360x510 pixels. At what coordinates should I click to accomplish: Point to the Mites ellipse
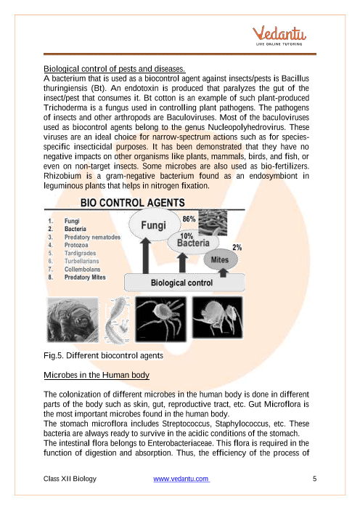coord(220,259)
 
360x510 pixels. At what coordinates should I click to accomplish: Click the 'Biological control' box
coord(181,281)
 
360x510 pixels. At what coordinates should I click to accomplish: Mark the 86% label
coord(190,218)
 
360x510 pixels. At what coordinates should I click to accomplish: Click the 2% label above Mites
coord(237,247)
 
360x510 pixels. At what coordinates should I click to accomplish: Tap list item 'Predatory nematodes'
coord(93,237)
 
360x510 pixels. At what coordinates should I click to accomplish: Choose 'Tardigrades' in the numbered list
coord(82,253)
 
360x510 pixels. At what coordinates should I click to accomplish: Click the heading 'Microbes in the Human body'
coord(97,375)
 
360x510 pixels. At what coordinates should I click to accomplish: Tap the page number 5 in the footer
coord(314,479)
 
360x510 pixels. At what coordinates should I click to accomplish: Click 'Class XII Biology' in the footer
coord(70,479)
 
